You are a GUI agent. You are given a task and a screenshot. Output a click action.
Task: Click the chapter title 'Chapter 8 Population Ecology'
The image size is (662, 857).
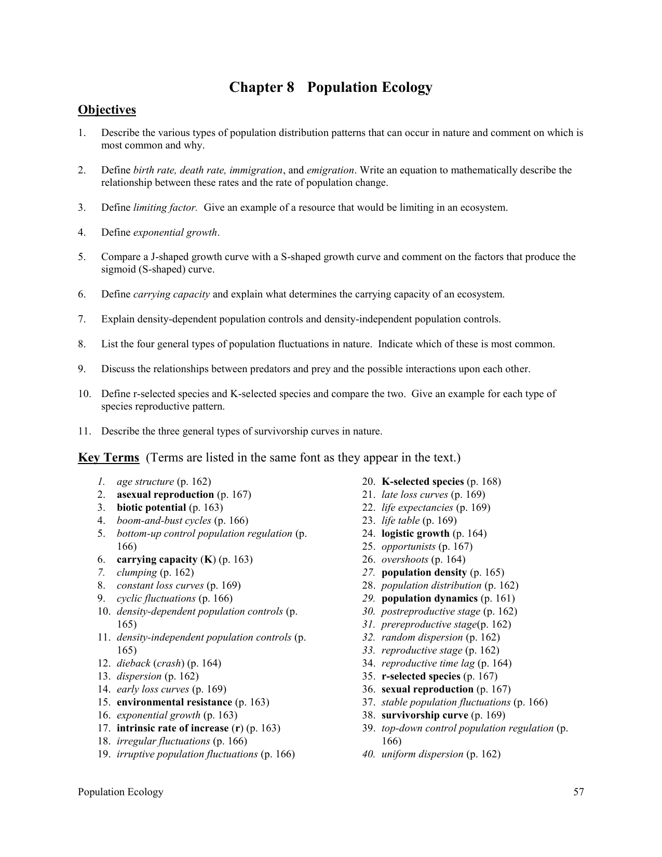[x=331, y=87]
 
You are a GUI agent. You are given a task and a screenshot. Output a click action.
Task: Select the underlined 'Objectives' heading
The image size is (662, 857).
[x=107, y=110]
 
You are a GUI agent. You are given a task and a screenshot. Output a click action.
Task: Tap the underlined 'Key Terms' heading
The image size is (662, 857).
[x=109, y=458]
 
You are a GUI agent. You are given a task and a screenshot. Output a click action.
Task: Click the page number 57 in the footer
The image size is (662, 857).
[x=578, y=792]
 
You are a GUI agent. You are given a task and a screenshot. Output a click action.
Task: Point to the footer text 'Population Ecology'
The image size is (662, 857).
[x=120, y=792]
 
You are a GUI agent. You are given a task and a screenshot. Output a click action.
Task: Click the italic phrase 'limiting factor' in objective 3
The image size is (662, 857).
[x=165, y=208]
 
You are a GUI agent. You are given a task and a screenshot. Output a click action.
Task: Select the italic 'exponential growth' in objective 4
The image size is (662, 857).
[x=175, y=233]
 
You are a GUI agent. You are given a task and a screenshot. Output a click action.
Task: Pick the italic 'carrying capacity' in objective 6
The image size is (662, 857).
[x=171, y=294]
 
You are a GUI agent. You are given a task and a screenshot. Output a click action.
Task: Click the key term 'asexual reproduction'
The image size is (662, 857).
[x=165, y=495]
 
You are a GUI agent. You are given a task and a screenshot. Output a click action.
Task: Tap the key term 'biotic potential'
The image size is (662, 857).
[x=151, y=508]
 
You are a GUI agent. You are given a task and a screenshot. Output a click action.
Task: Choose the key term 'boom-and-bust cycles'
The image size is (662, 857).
[x=164, y=521]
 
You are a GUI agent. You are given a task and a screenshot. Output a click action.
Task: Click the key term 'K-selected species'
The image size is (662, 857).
[x=422, y=482]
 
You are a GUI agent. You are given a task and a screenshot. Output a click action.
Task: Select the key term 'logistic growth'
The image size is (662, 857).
[x=415, y=534]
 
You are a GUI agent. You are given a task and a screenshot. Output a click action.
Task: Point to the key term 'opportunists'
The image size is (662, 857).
[x=408, y=547]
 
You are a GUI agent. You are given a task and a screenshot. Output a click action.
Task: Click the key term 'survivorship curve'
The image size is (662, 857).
[x=425, y=715]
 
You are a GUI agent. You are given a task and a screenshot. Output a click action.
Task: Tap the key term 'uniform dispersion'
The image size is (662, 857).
[x=422, y=754]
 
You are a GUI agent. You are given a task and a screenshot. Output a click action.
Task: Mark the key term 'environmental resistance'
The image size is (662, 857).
[x=174, y=702]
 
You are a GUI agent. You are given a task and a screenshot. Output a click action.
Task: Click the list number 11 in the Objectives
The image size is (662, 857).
[x=84, y=431]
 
